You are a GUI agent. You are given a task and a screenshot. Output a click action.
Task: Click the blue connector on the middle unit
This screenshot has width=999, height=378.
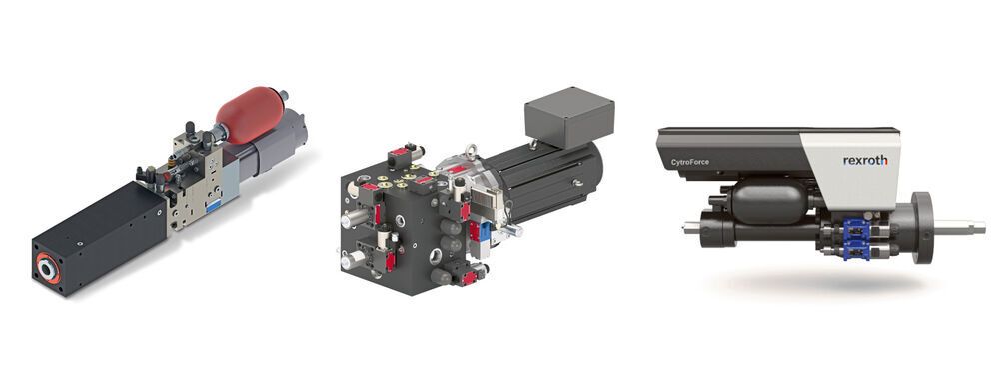coord(484,232)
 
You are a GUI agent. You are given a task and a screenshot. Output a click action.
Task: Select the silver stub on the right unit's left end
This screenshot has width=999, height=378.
coord(689,229)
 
